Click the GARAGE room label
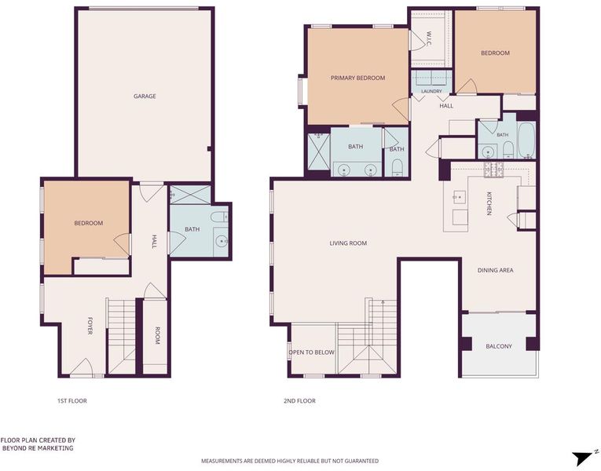(145, 96)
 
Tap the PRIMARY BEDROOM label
(357, 78)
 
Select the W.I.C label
(429, 38)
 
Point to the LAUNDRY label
(431, 91)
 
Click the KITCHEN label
(489, 203)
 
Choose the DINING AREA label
(495, 270)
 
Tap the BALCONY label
(499, 346)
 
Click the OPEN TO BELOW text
(311, 352)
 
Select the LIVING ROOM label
(348, 243)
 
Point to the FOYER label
(90, 326)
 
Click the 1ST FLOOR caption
(72, 400)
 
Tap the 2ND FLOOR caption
(299, 400)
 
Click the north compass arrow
(584, 458)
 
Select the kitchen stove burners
(493, 170)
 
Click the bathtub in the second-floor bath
(526, 140)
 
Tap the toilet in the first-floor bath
(219, 217)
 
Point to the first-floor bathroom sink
(222, 241)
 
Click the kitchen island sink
(459, 197)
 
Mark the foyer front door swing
(82, 367)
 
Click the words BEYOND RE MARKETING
(38, 448)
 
